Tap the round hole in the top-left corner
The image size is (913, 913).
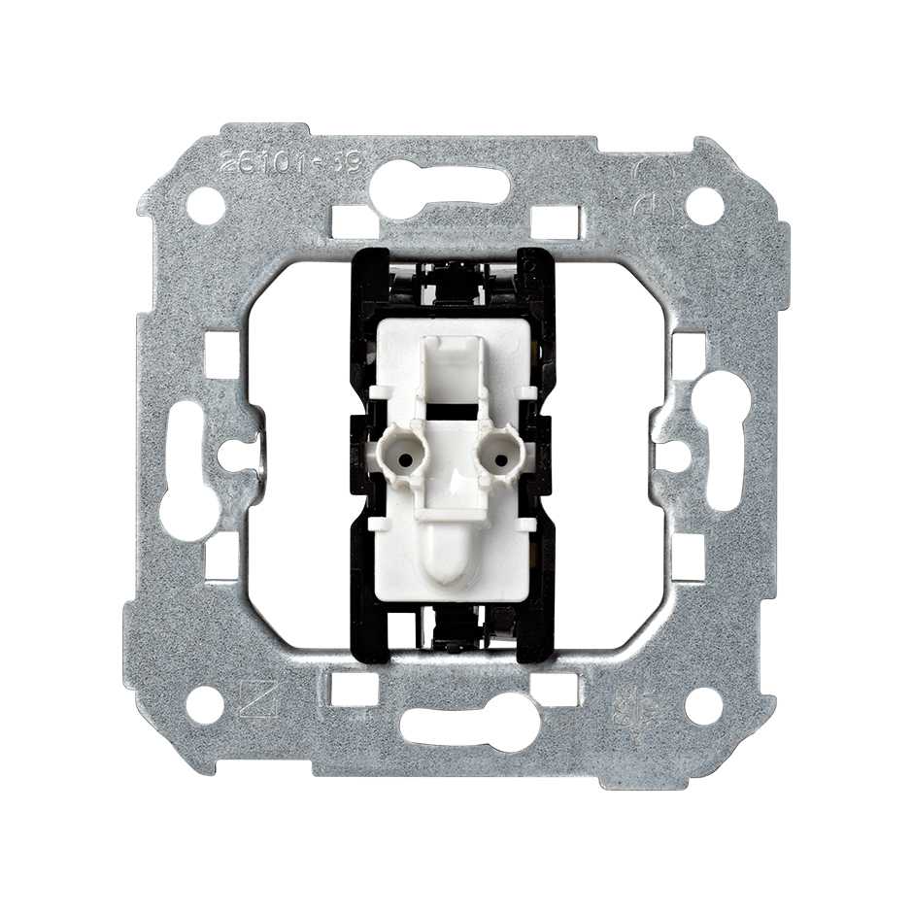[x=206, y=205]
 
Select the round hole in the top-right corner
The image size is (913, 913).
[x=705, y=205]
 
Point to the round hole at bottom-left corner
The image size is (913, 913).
[x=205, y=705]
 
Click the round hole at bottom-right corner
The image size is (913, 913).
[x=704, y=705]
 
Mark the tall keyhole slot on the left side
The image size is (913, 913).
[x=190, y=470]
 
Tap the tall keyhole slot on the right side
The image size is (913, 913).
[x=724, y=439]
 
